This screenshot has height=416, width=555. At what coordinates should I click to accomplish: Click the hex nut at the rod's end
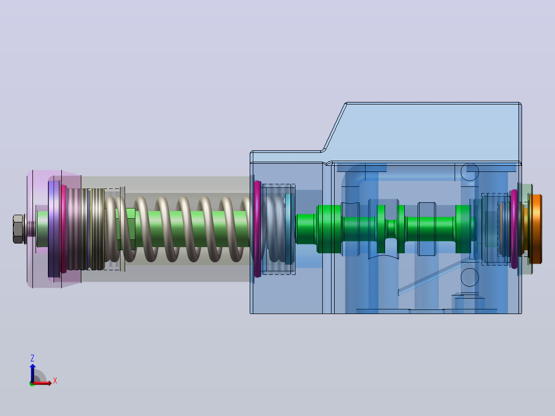click(18, 229)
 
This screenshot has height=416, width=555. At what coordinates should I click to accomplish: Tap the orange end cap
click(535, 229)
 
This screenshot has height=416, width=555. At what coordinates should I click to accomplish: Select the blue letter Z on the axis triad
click(32, 358)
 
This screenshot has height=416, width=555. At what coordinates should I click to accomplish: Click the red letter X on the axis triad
click(55, 381)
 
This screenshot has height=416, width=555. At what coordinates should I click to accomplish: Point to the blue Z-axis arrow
click(32, 373)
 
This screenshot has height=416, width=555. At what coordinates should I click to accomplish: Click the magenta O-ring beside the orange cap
click(514, 229)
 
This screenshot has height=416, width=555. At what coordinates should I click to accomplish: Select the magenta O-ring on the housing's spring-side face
click(257, 229)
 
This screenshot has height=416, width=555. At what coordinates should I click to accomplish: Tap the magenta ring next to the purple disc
click(63, 229)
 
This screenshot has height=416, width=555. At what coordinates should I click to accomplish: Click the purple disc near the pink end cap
click(54, 229)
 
